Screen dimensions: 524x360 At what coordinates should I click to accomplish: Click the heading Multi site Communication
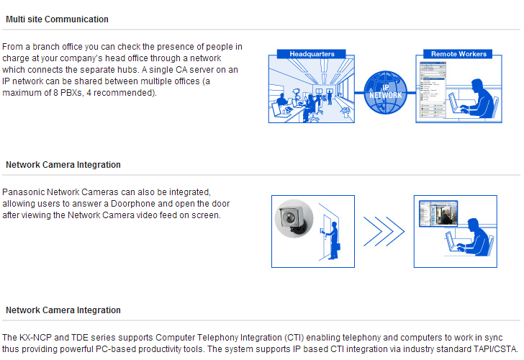(x=57, y=19)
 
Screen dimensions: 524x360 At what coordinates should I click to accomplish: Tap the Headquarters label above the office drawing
(x=312, y=54)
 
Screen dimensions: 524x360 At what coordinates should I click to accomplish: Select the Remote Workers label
(x=458, y=54)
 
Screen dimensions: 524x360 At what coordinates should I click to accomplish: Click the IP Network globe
(x=385, y=92)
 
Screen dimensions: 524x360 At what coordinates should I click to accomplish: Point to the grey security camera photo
(x=294, y=219)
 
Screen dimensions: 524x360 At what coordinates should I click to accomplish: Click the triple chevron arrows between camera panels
(x=384, y=231)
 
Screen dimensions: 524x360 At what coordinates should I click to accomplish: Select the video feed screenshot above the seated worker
(x=438, y=213)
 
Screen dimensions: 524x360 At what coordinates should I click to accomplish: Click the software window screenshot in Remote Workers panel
(x=433, y=89)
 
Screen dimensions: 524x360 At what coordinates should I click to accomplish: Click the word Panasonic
(x=23, y=192)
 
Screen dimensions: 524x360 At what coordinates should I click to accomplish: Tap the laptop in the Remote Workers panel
(x=458, y=104)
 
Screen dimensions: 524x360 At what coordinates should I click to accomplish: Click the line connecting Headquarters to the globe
(x=359, y=93)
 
